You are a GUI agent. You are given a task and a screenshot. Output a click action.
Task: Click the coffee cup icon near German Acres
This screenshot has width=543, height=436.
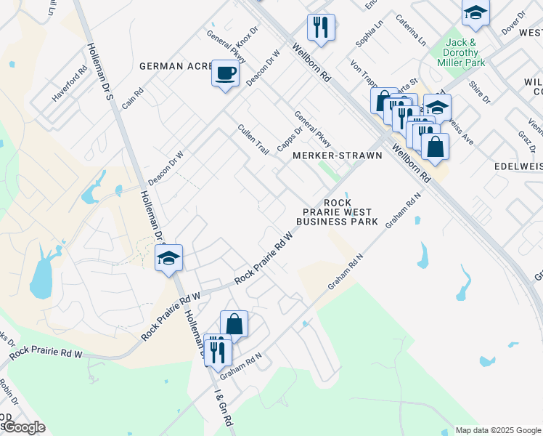point(225,74)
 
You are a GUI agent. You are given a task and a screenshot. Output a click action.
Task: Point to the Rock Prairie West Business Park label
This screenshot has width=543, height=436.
point(338,211)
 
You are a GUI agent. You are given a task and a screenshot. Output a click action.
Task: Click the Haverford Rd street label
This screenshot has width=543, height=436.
point(70,86)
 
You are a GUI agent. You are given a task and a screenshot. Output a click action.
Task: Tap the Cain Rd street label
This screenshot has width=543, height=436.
point(133,98)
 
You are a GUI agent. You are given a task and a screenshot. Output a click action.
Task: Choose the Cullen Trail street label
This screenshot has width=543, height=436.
point(254,140)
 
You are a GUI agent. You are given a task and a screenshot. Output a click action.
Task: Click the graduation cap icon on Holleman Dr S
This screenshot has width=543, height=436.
point(168,258)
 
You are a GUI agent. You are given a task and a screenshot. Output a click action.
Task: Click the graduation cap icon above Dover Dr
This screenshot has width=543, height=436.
point(475,12)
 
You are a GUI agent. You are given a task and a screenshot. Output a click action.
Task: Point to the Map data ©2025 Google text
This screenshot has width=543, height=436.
point(497,430)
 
